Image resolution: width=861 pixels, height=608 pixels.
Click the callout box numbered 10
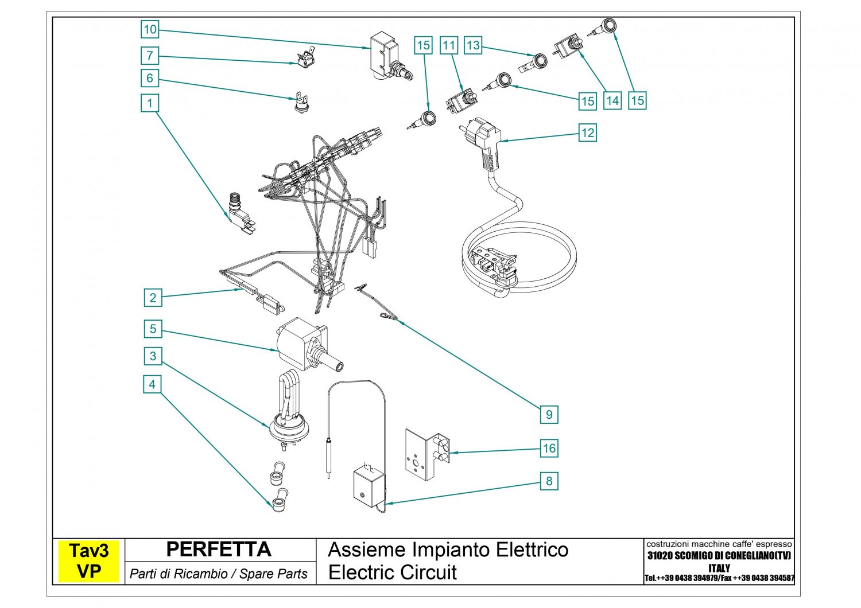click(x=150, y=29)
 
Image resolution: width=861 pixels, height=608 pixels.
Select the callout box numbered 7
click(x=150, y=56)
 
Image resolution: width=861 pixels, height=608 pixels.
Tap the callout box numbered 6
click(x=150, y=78)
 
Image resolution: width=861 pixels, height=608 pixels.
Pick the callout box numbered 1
click(x=150, y=103)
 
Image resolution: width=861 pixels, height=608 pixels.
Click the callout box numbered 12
click(x=588, y=133)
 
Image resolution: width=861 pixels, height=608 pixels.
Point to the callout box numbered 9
click(x=549, y=414)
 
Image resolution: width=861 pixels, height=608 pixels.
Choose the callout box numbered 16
click(x=549, y=449)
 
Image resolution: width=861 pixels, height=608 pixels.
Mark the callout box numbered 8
click(x=549, y=481)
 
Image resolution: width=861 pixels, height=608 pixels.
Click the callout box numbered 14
click(x=612, y=101)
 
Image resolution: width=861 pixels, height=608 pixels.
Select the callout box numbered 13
click(x=473, y=45)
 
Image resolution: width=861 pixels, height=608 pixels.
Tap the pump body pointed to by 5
click(x=298, y=342)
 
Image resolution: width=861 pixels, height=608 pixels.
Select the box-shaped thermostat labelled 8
click(x=369, y=486)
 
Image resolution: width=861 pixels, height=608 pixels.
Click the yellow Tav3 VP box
click(x=88, y=562)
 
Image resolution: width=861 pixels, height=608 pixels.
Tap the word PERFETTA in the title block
click(x=218, y=549)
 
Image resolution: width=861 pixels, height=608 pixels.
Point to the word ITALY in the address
click(x=719, y=568)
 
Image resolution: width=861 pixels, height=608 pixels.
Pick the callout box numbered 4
click(x=152, y=384)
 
